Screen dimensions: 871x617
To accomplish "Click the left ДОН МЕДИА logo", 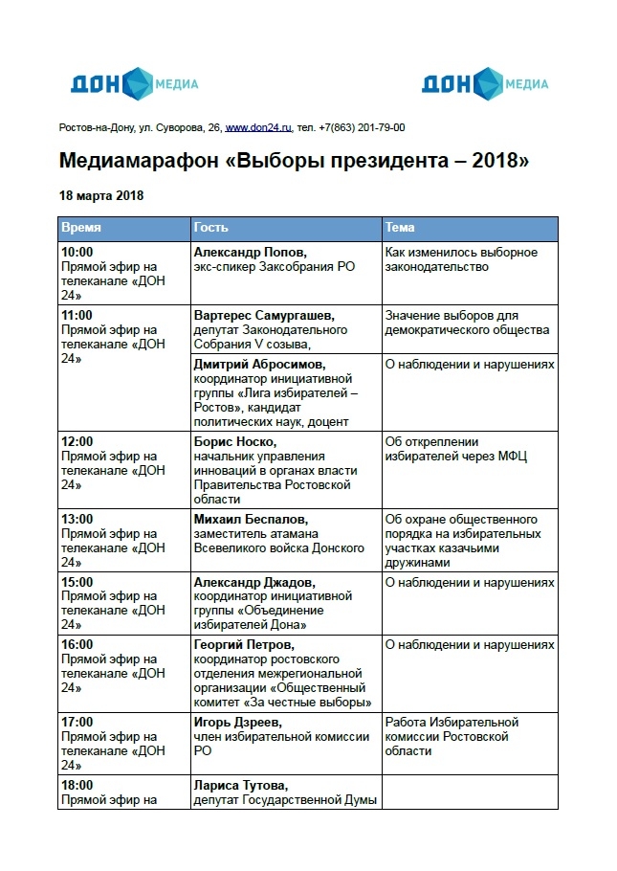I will click(x=134, y=83).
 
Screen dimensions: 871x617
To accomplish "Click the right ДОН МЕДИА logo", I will click(x=485, y=83).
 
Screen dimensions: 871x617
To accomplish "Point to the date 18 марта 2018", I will click(x=101, y=195).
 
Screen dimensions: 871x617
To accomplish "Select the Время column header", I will click(x=81, y=229).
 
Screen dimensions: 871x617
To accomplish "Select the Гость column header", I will click(x=211, y=229).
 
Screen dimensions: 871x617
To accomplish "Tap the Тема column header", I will click(x=400, y=229).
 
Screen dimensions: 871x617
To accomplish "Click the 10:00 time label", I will click(x=77, y=253).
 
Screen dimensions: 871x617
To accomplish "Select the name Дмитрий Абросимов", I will click(x=259, y=365).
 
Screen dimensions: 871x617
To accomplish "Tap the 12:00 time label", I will click(x=77, y=441).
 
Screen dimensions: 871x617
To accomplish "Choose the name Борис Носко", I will click(x=235, y=441).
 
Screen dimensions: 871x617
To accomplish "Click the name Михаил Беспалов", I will click(x=251, y=519).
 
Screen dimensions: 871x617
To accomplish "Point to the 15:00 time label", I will click(x=77, y=582).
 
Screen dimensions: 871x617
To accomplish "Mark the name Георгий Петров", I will click(x=247, y=645).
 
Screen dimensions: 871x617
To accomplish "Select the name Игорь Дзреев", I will click(x=238, y=722).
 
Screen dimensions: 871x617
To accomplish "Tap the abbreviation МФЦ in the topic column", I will click(x=512, y=456).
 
